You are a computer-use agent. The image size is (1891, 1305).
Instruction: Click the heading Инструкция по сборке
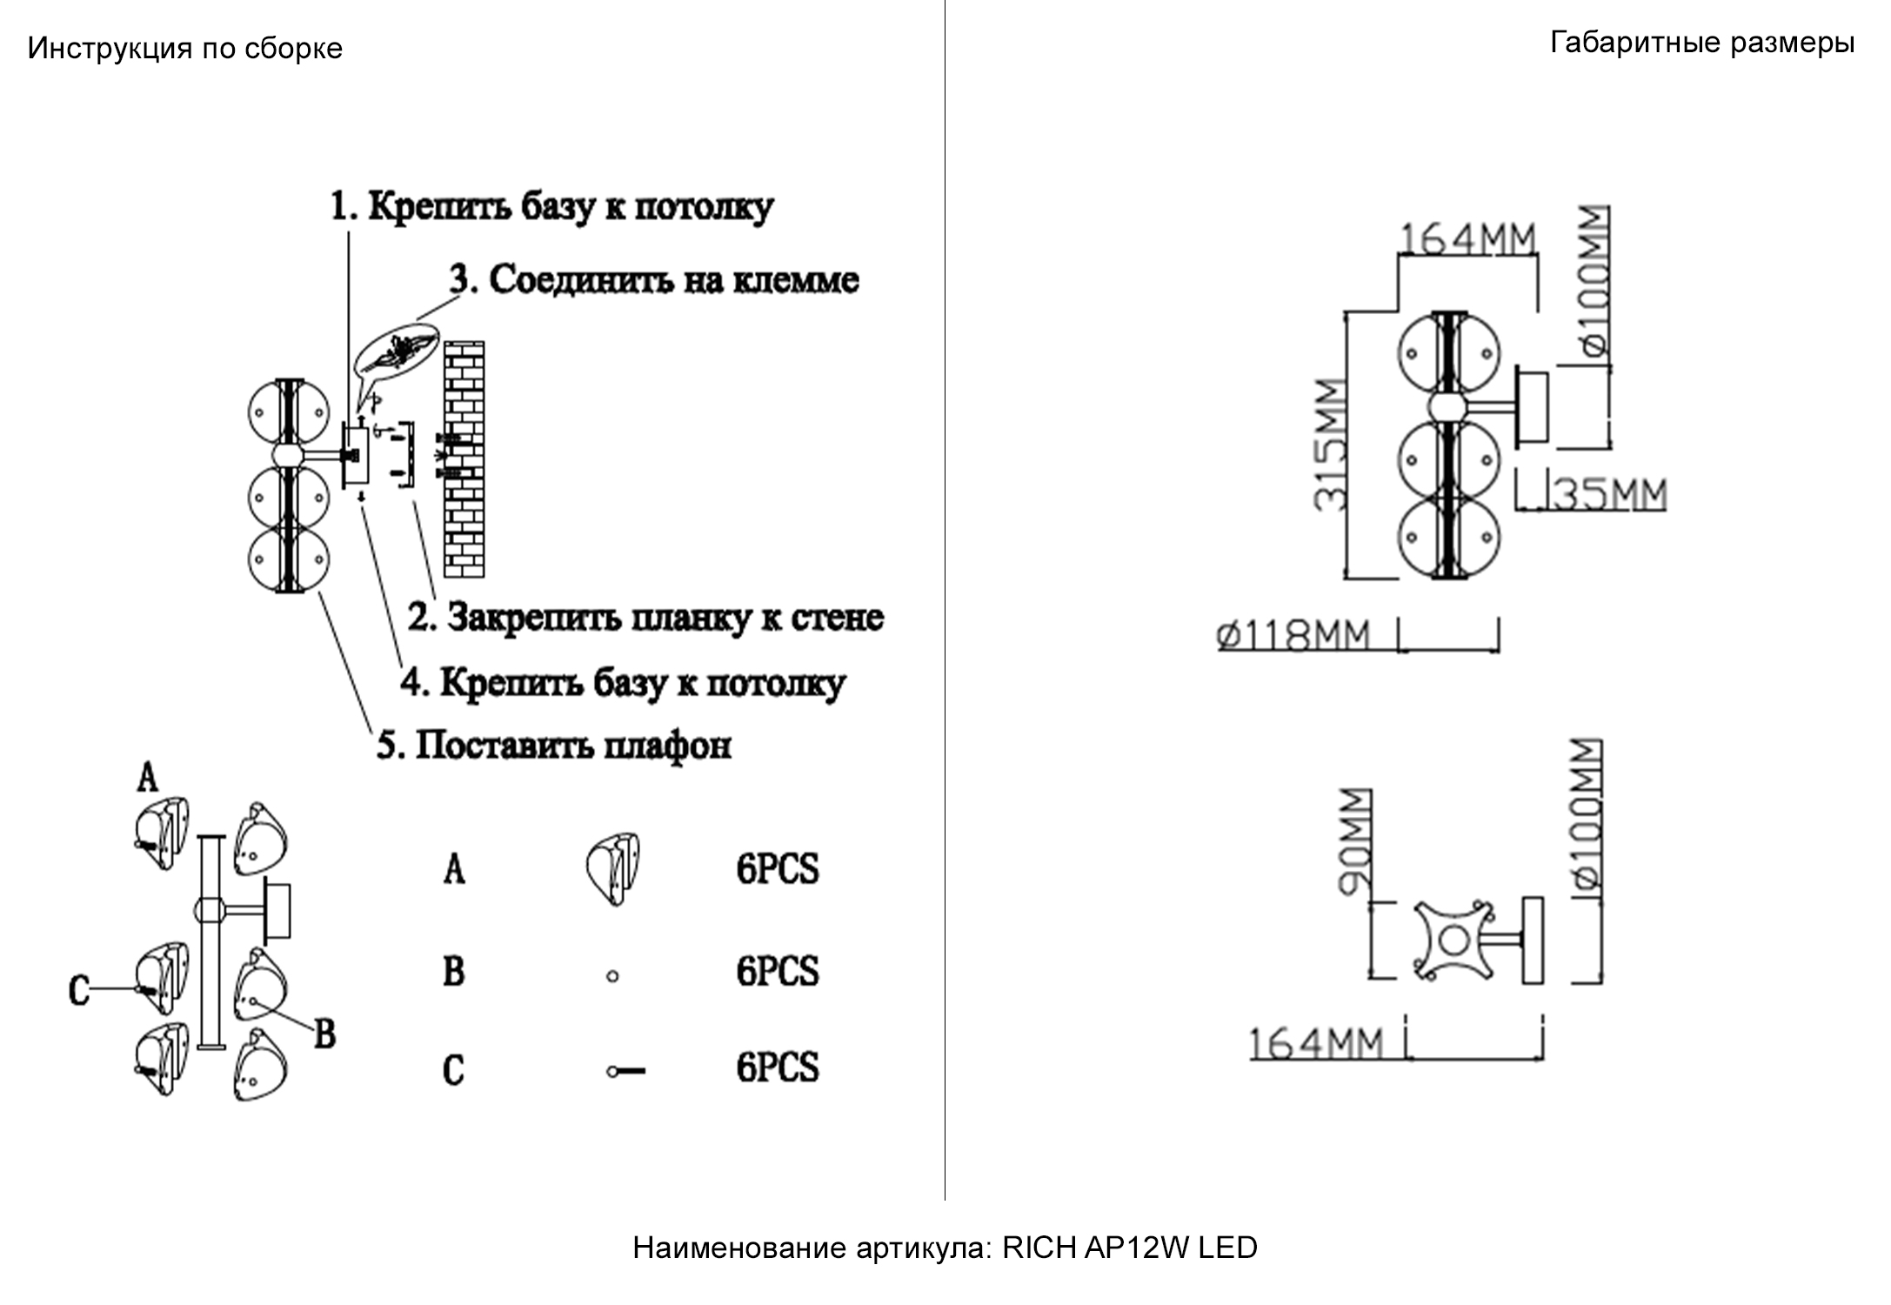coord(184,48)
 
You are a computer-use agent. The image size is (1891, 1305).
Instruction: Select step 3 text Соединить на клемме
coord(654,280)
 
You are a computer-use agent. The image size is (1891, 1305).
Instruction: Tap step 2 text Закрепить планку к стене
coord(645,618)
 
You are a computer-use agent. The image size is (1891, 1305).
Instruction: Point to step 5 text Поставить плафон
coord(553,746)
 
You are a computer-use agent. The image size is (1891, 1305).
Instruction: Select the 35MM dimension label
coord(1609,494)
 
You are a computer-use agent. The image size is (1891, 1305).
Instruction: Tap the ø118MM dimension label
coord(1293,635)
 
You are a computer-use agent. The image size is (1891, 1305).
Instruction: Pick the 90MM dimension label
coord(1353,841)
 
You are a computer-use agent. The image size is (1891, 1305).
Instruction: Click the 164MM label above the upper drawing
coord(1467,238)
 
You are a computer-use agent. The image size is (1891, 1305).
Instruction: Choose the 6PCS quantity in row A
coord(777,869)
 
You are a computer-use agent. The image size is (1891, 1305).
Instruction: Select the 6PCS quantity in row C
coord(777,1067)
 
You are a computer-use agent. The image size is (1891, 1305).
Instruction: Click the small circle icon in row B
coord(612,976)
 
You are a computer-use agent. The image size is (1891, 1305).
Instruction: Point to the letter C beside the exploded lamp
coord(79,990)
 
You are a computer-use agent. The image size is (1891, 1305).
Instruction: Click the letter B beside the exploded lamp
coord(324,1034)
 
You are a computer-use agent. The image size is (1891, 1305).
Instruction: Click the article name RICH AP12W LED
coord(1129,1248)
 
